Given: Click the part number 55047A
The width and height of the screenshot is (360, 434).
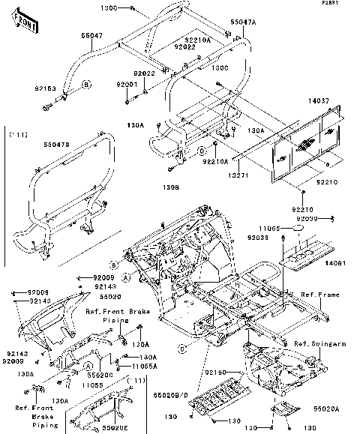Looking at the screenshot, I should (x=222, y=24).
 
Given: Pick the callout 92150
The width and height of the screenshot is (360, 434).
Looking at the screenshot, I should (x=216, y=373).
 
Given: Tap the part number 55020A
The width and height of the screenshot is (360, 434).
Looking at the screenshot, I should (x=326, y=409).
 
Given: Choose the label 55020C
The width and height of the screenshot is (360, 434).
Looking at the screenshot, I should (x=100, y=373).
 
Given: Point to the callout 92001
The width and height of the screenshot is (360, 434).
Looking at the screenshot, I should (x=126, y=85).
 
